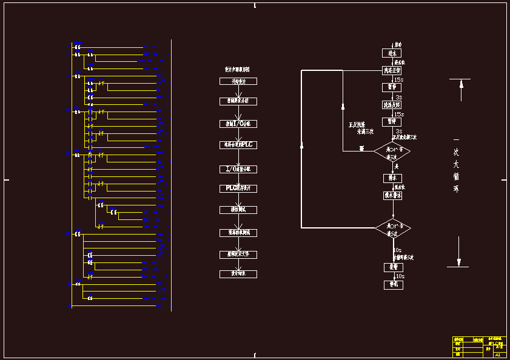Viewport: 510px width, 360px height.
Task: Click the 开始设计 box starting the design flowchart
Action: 238,81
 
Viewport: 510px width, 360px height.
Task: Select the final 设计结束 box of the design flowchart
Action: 238,274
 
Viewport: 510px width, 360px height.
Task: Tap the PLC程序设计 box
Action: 238,188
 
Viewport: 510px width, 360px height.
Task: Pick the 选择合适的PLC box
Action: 238,145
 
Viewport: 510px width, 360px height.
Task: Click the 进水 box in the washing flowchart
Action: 392,53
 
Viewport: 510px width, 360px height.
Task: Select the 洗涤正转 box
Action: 392,70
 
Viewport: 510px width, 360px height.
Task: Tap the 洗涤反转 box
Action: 392,104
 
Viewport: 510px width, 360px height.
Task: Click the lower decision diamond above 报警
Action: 392,228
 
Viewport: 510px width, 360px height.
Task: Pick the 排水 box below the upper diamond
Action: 392,178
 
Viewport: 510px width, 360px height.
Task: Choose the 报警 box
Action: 392,267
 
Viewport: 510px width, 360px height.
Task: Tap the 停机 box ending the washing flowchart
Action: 392,284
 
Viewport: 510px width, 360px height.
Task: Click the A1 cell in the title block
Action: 498,355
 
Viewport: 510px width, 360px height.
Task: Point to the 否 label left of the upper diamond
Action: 361,148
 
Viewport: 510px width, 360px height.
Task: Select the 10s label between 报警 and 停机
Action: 400,276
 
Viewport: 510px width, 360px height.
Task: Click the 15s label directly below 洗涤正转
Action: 398,79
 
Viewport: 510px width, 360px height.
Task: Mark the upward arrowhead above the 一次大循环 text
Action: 461,84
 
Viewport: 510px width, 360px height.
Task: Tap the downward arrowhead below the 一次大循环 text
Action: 459,262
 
